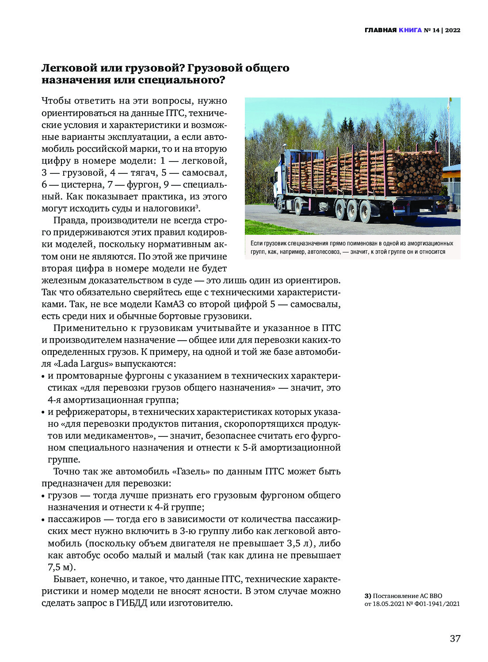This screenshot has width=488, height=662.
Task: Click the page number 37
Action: click(455, 639)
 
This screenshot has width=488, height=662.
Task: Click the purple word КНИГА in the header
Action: click(410, 30)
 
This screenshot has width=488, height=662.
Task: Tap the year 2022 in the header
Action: click(453, 30)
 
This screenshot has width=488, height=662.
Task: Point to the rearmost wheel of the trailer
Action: click(366, 211)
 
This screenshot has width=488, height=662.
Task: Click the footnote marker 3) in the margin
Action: click(368, 596)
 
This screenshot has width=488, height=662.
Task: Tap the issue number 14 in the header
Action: click(437, 30)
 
